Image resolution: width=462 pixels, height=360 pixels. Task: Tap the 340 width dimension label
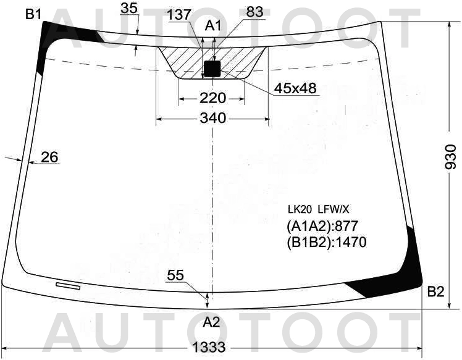(212, 118)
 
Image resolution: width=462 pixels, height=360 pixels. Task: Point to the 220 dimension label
(212, 98)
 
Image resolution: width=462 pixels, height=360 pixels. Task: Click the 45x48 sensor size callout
(295, 89)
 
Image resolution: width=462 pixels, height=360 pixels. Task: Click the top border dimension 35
(129, 8)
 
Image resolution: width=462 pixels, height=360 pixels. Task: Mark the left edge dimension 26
(49, 157)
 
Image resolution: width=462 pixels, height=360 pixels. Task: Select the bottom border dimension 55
(175, 276)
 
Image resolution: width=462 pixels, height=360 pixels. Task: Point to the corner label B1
(33, 14)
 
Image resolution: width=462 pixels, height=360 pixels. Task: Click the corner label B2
(435, 292)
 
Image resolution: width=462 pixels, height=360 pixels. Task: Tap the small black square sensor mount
(212, 69)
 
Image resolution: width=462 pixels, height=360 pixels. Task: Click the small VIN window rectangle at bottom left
(68, 285)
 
